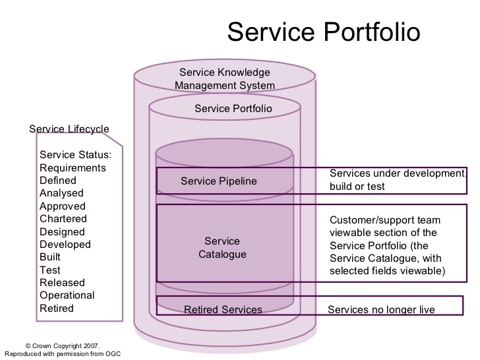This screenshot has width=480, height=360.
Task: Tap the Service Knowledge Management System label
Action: point(224,79)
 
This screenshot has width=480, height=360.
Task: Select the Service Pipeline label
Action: point(219,181)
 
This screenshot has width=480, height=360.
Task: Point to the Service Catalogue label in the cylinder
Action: point(222,247)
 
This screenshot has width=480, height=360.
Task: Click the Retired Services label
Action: point(223,309)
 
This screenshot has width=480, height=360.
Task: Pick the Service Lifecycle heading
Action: point(69,129)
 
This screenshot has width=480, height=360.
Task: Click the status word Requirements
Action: point(73,167)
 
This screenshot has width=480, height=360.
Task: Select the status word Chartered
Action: point(63,218)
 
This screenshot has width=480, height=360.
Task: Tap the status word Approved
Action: point(63,206)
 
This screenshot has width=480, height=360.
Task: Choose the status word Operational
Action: point(67,295)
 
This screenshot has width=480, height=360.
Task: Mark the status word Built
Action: point(50,257)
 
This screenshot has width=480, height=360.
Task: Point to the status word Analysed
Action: point(62,193)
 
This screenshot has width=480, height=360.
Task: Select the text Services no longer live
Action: point(381,309)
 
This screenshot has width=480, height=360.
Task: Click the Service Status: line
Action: point(76,155)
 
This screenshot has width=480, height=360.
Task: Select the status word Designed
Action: point(63,231)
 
